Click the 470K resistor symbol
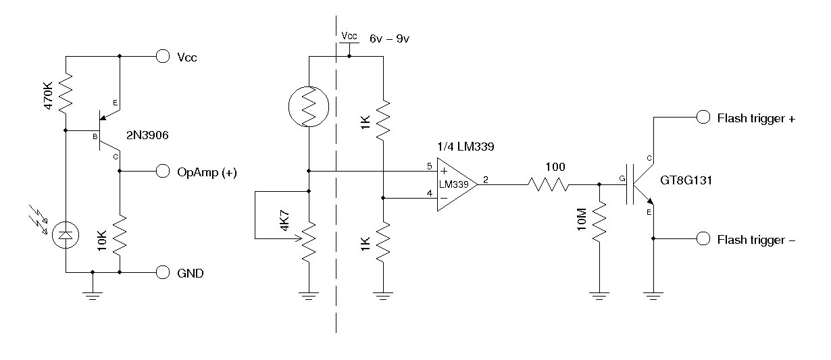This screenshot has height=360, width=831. [66, 94]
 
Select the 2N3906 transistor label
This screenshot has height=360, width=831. [147, 136]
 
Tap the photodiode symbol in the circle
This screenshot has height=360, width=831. [66, 234]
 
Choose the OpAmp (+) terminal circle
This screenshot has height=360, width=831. [162, 172]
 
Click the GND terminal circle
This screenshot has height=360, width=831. [162, 273]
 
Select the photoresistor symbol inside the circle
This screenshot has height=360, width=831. [308, 106]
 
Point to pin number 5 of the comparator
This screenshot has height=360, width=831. [429, 166]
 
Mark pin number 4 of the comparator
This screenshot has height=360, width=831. [429, 193]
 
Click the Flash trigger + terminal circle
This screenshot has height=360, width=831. [703, 118]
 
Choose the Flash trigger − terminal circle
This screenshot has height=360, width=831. [703, 239]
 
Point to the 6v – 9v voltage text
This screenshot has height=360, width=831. [390, 39]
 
